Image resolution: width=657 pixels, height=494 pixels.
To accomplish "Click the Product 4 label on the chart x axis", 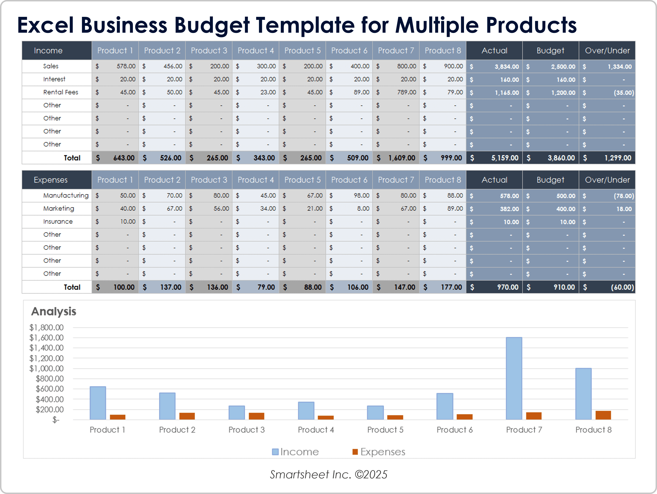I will [316, 430].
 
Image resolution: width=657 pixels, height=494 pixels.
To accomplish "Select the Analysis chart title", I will [54, 311].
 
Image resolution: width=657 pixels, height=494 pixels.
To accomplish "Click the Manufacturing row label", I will [66, 195].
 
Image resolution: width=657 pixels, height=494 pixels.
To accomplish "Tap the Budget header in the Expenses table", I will [550, 180].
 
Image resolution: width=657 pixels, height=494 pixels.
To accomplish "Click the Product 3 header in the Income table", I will [209, 51].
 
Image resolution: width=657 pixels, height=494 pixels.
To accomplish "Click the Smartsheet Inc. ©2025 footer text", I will [328, 474].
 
